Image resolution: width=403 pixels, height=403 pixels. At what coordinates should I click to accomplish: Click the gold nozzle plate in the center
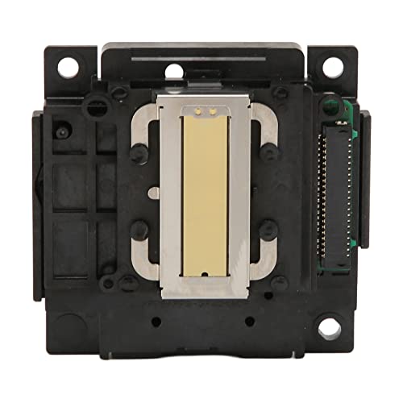click(206, 201)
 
